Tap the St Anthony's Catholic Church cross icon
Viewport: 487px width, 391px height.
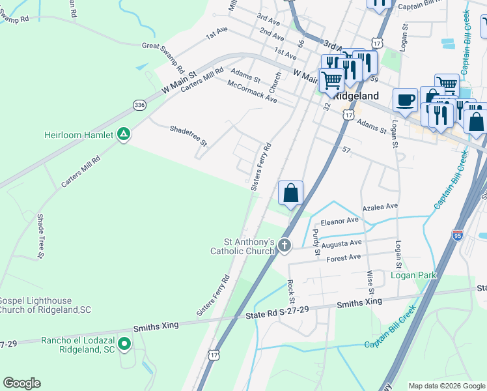point(284,246)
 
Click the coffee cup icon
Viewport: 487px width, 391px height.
point(405,100)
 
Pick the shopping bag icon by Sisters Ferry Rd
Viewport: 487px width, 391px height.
point(290,193)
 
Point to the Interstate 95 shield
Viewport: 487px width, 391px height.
point(458,235)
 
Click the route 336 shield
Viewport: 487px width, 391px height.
point(139,104)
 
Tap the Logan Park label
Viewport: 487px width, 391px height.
point(413,276)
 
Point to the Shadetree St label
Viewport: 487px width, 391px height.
point(188,135)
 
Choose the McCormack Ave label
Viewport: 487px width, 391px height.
point(252,92)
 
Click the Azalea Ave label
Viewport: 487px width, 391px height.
point(380,206)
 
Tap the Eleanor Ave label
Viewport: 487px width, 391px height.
point(339,220)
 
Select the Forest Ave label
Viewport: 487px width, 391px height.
point(343,257)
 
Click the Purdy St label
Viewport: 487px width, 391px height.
point(316,240)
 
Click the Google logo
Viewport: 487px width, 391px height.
point(21,383)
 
